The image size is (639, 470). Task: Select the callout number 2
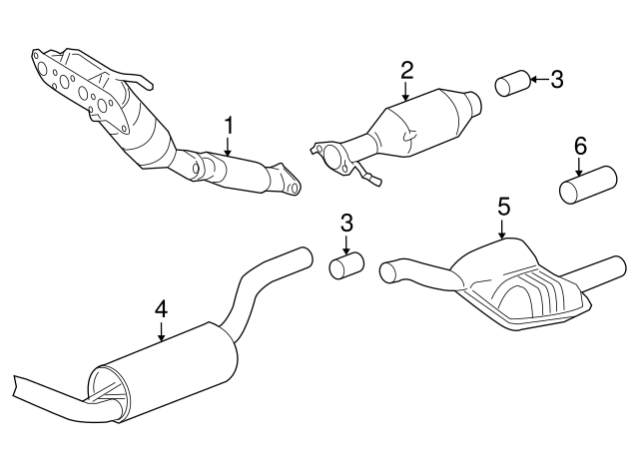pos(406,71)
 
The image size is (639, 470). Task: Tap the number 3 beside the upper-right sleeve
pos(557,79)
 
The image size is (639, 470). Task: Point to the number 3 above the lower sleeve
pos(346,224)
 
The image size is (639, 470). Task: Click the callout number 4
pos(161,310)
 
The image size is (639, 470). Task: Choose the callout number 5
pos(503,207)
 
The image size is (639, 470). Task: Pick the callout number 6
pos(580,146)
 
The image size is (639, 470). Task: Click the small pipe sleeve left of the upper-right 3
pos(512,84)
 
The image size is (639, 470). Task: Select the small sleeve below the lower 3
pos(346,266)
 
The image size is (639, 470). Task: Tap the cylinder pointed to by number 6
pos(588,184)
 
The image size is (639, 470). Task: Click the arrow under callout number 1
pos(228,147)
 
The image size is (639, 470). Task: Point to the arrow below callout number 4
pos(162,331)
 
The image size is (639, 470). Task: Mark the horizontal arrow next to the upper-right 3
pos(538,80)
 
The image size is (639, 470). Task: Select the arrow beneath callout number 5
pos(502,229)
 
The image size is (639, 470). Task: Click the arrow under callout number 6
pos(579,167)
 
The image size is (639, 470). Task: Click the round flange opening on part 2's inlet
pos(334,157)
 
